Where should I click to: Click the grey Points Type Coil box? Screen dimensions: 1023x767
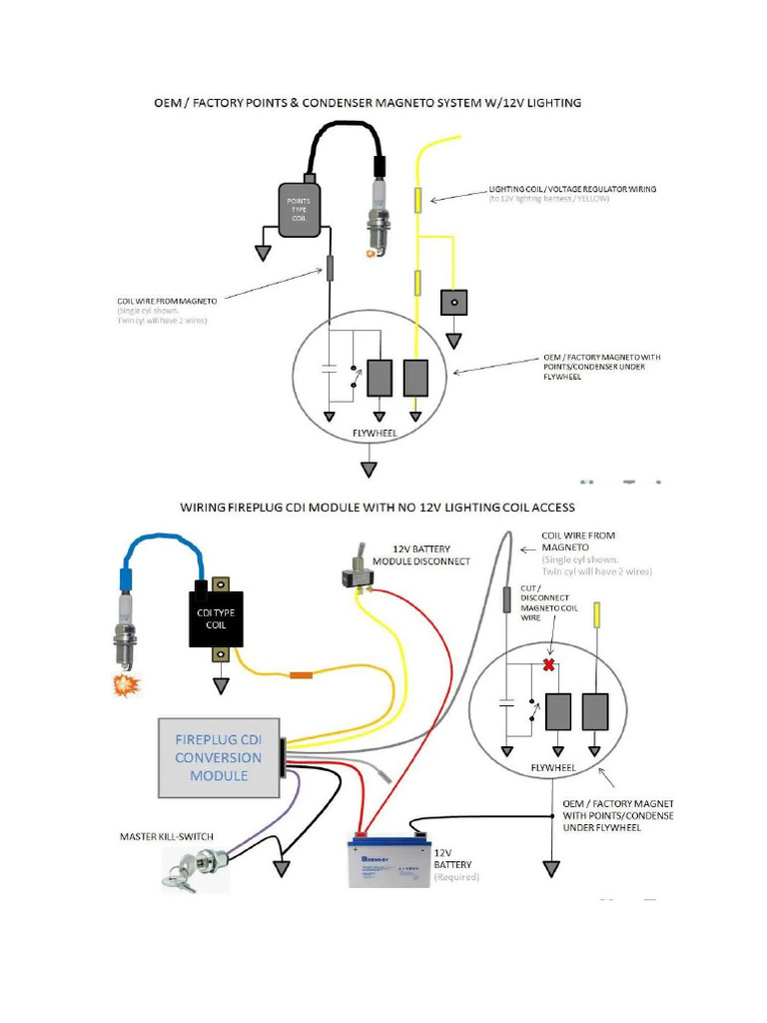coord(299,210)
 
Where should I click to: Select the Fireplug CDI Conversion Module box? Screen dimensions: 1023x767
coord(218,757)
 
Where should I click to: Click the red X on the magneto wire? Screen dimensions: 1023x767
coord(547,666)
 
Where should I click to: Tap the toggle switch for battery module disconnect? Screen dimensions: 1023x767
coord(354,576)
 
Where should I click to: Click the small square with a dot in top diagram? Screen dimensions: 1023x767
coord(454,301)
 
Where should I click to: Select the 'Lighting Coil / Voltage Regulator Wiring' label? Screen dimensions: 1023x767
coord(571,189)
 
